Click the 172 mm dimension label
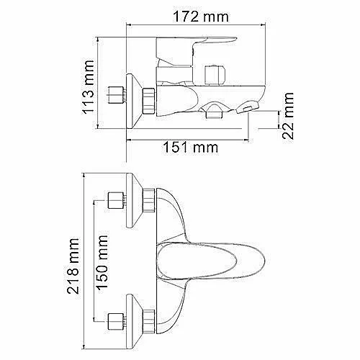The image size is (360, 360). [x=201, y=17]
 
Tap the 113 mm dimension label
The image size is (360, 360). [x=88, y=87]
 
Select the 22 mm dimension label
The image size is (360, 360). [x=288, y=116]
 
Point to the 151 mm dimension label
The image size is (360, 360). [x=191, y=147]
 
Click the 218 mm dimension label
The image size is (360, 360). [x=73, y=266]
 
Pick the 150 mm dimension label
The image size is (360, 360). [x=102, y=262]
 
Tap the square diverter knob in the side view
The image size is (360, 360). [x=215, y=75]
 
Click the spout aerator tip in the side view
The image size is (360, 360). [x=248, y=107]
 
